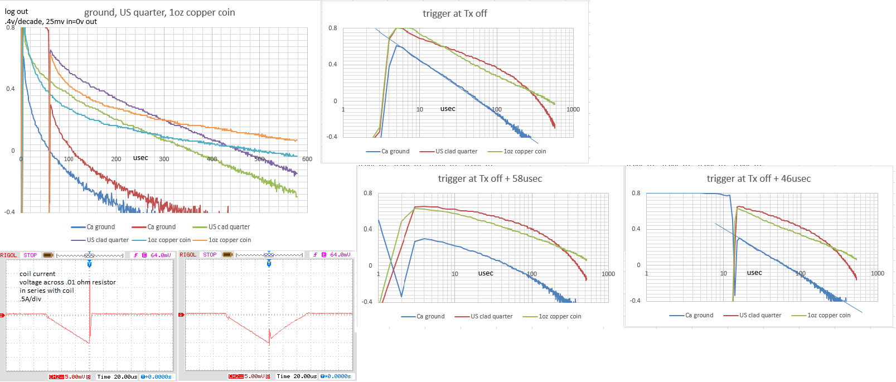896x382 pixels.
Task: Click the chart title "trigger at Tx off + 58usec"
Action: click(490, 178)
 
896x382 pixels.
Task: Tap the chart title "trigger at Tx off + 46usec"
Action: click(758, 178)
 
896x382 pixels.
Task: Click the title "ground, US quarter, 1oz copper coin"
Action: click(159, 12)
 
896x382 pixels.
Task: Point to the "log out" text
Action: click(16, 11)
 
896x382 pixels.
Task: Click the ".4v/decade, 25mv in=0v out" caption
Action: click(51, 21)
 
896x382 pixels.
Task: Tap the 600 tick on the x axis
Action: click(307, 159)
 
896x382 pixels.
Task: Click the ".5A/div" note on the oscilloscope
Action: click(31, 299)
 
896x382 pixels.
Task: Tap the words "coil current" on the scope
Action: click(37, 274)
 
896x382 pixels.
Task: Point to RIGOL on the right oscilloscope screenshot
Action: click(188, 255)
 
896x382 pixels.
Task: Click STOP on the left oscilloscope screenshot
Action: click(30, 255)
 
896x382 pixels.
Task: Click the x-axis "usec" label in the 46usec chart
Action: click(754, 273)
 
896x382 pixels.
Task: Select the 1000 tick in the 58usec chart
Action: click(608, 274)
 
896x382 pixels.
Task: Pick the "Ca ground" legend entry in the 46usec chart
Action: click(699, 315)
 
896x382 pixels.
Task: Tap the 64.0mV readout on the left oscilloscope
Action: click(161, 255)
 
